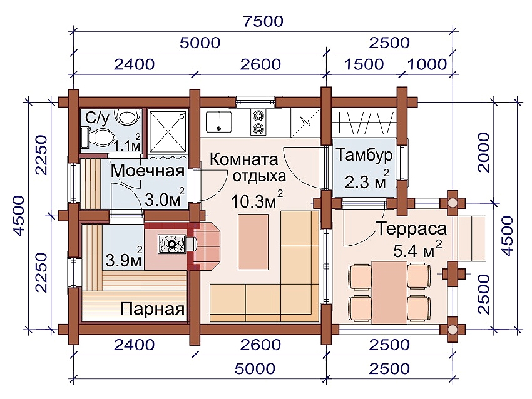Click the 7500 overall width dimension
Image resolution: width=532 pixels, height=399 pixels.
[263, 21]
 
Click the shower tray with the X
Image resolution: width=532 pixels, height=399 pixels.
[168, 131]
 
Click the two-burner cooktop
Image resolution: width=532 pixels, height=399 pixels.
[258, 122]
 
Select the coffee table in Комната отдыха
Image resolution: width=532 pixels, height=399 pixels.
[253, 241]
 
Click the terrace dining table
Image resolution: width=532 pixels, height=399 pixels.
[389, 292]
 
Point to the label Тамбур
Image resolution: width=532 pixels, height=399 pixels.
[364, 155]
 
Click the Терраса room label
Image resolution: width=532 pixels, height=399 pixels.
[412, 228]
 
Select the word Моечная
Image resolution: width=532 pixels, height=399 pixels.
[148, 171]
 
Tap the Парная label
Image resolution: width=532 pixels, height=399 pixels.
[152, 309]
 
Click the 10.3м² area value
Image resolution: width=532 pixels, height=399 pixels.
[257, 201]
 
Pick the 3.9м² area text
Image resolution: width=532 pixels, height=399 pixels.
[124, 259]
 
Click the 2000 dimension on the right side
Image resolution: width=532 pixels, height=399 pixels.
[483, 152]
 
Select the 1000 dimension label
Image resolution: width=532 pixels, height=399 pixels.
[427, 64]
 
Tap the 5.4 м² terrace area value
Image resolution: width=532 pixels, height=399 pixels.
[417, 250]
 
